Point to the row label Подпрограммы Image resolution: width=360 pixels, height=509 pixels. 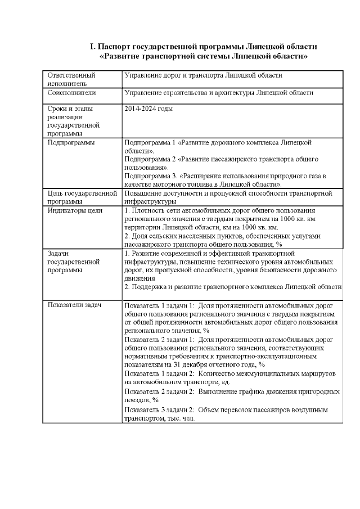click(71, 142)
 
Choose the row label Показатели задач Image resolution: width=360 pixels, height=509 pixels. click(74, 305)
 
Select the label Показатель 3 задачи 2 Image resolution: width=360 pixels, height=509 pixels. click(159, 409)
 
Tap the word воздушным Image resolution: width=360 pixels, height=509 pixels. click(323, 409)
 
